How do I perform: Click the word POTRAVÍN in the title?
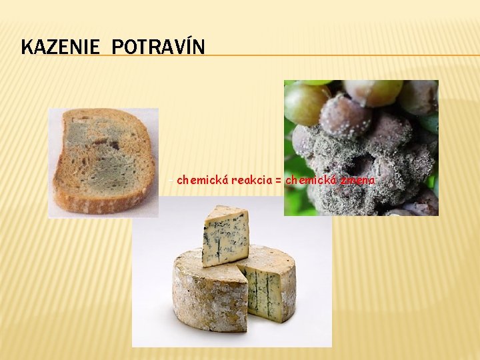pyautogui.click(x=158, y=47)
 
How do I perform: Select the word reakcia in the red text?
pyautogui.click(x=251, y=180)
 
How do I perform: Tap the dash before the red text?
pyautogui.click(x=172, y=180)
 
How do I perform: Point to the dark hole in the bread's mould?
pyautogui.click(x=110, y=143)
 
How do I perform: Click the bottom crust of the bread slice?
pyautogui.click(x=100, y=203)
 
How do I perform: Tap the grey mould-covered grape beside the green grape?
pyautogui.click(x=343, y=117)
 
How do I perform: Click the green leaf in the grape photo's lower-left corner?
pyautogui.click(x=296, y=200)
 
